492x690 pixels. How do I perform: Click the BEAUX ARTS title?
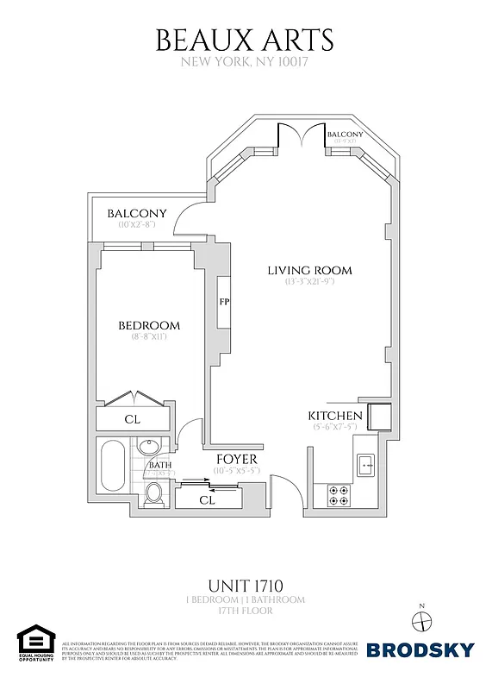point(245,40)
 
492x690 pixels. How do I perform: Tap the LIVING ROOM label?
point(309,271)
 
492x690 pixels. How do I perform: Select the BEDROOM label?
point(149,325)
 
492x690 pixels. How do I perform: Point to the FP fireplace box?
point(224,303)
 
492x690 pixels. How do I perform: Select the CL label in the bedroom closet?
point(133,420)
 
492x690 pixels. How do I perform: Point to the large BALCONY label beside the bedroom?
point(136,214)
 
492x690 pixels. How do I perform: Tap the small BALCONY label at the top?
point(346,135)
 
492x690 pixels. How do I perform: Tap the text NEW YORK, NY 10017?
point(245,62)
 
